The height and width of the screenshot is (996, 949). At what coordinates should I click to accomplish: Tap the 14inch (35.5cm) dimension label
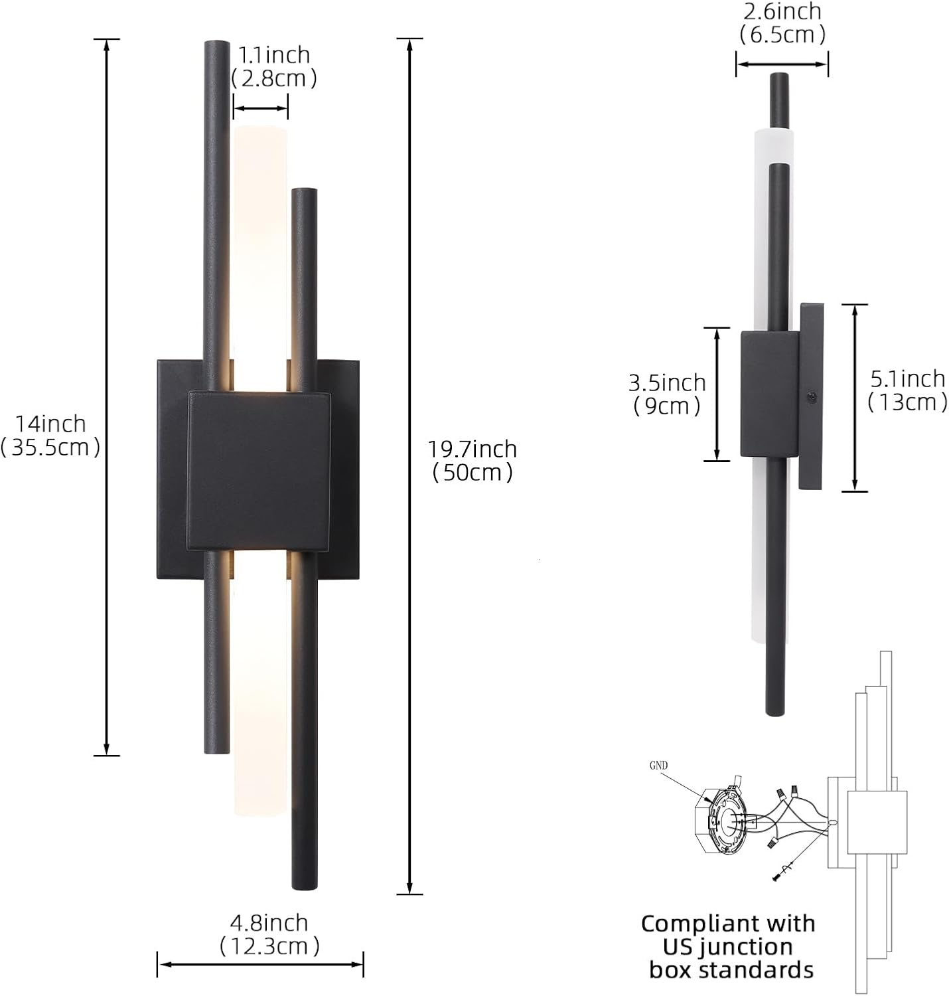click(50, 436)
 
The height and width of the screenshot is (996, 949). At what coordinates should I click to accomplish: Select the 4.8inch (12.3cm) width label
click(269, 934)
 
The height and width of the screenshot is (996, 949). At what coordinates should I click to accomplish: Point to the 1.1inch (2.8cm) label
click(273, 66)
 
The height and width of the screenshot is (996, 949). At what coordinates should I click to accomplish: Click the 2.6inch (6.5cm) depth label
click(782, 23)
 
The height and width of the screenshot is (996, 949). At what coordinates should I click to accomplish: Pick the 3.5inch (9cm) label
click(667, 394)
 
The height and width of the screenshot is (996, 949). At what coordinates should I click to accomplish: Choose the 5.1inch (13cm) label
click(907, 390)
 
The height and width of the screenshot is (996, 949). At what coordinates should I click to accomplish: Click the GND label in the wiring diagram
click(658, 766)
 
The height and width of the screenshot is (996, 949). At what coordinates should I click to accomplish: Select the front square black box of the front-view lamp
click(258, 470)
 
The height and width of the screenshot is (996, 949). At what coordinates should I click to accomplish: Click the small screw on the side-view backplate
click(811, 396)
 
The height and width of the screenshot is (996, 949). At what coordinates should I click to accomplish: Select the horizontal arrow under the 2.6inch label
click(782, 64)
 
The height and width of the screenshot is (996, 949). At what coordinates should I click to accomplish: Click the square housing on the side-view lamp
click(769, 394)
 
